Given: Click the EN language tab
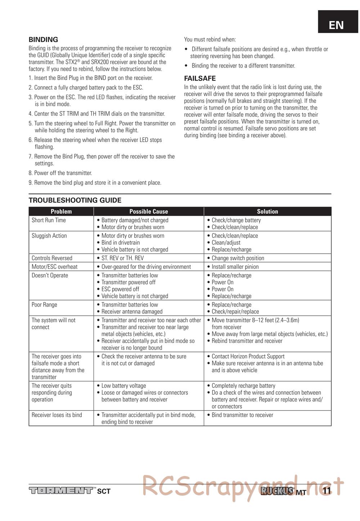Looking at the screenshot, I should click(x=336, y=25).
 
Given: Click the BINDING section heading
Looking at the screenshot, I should click(x=43, y=40).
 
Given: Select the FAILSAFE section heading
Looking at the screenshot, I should click(x=200, y=78).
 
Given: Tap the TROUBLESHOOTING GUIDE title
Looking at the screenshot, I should click(x=75, y=200).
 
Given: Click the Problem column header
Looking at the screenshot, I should click(x=61, y=212).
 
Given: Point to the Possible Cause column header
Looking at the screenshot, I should click(x=149, y=212).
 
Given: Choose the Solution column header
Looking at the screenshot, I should click(x=267, y=212).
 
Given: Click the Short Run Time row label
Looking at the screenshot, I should click(x=49, y=220).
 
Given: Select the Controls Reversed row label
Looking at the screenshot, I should click(x=52, y=258).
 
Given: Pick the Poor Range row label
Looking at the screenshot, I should click(x=44, y=305).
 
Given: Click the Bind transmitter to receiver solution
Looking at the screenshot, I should click(x=242, y=415).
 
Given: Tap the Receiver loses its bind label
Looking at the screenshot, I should click(x=57, y=415).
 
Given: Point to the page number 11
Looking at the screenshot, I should click(x=327, y=491).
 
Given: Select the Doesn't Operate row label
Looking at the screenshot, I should click(x=50, y=275).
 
